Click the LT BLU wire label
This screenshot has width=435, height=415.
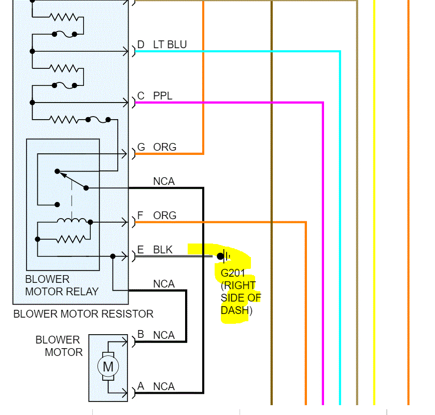(170, 45)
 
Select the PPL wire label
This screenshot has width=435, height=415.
(162, 96)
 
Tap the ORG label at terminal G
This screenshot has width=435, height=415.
(164, 147)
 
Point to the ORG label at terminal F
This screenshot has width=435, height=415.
(164, 216)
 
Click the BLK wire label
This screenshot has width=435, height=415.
(163, 250)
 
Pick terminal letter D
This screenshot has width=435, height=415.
(141, 45)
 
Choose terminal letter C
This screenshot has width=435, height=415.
(141, 96)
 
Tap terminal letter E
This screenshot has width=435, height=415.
(141, 250)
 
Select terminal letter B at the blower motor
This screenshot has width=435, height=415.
(141, 335)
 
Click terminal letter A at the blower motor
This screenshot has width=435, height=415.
(141, 387)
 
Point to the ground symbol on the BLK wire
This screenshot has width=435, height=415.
(224, 255)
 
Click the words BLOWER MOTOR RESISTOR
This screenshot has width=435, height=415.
(83, 314)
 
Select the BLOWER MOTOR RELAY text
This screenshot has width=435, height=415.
(62, 285)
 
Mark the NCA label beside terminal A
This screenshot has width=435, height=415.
(164, 387)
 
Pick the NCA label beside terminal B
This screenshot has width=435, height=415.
(164, 335)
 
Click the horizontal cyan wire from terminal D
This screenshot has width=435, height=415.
(238, 51)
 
